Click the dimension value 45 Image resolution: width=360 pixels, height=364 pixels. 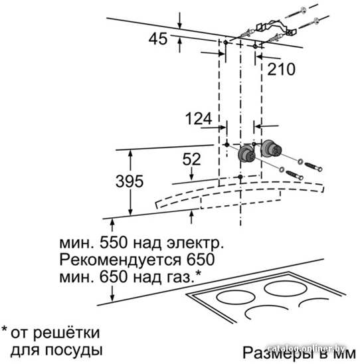click(x=158, y=39)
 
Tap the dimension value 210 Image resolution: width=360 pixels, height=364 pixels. click(x=281, y=69)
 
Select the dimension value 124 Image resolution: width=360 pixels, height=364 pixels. click(x=199, y=118)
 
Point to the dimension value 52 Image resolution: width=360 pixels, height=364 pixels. click(x=191, y=159)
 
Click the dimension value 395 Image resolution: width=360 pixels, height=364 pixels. click(x=130, y=181)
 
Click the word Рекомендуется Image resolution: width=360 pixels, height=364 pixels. click(x=120, y=260)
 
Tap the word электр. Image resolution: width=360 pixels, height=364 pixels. click(x=195, y=243)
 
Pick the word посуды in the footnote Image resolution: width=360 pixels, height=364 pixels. click(x=74, y=350)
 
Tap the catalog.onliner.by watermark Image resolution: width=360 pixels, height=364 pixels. click(x=306, y=348)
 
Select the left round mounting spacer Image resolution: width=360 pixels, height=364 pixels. click(x=246, y=153)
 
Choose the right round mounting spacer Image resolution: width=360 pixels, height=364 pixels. click(x=271, y=148)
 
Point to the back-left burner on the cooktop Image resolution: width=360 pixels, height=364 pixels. click(x=236, y=298)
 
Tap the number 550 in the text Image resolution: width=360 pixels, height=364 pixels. click(x=114, y=243)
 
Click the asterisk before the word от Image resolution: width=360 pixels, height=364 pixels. click(x=5, y=329)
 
